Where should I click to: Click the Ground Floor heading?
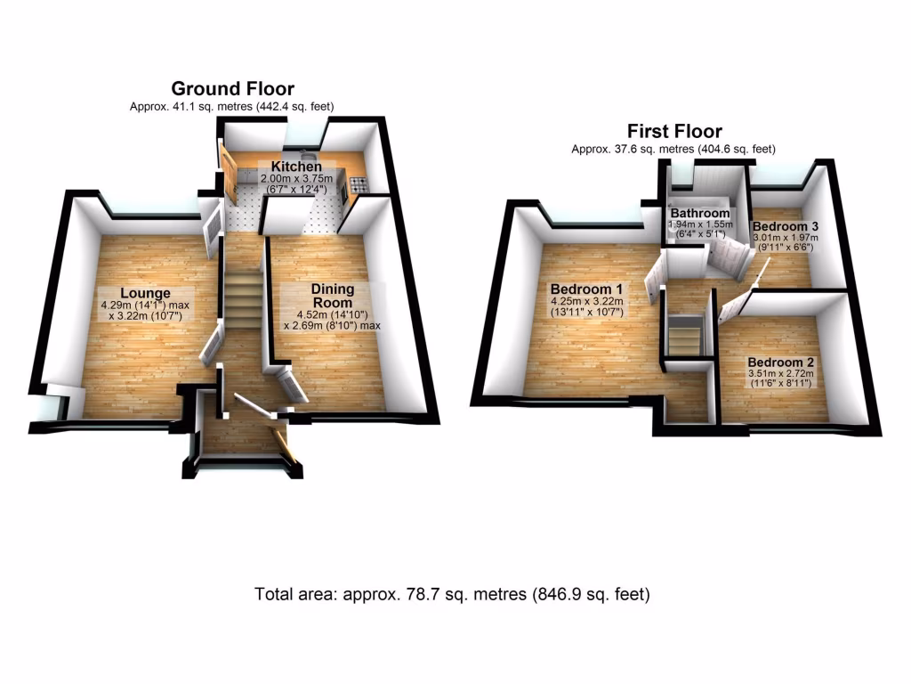(x=232, y=88)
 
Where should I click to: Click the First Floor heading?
(x=673, y=132)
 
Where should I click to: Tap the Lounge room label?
(x=145, y=293)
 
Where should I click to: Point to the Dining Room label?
(x=332, y=295)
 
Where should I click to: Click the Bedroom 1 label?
(x=587, y=289)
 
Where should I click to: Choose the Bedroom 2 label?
(x=781, y=362)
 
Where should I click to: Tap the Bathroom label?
(x=700, y=214)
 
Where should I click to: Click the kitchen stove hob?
(x=360, y=185)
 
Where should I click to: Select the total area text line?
(x=452, y=594)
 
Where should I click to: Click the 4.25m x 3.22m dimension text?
(x=587, y=302)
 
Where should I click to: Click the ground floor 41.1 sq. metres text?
(x=232, y=106)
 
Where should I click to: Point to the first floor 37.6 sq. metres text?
(x=673, y=149)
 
